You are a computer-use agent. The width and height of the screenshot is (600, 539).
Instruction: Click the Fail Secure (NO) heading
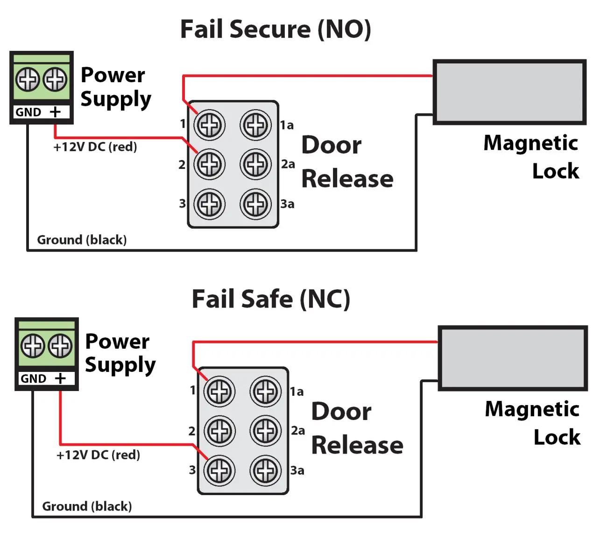tap(275, 29)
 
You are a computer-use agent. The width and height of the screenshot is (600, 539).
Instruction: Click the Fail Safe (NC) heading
tap(271, 299)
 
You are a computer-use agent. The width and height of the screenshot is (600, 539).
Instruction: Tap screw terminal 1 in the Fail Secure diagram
tap(210, 125)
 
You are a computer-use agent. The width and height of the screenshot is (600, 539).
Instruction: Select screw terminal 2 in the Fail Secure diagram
tap(210, 164)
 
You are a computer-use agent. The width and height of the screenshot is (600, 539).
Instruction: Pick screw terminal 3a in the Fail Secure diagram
tap(255, 204)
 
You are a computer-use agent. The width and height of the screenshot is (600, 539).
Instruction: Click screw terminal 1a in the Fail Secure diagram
tap(255, 125)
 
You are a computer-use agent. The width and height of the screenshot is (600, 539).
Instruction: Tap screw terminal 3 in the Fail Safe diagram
tap(219, 470)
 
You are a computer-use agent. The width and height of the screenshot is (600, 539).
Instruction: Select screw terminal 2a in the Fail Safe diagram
tap(266, 431)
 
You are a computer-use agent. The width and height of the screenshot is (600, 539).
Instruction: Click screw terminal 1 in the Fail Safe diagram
tap(219, 392)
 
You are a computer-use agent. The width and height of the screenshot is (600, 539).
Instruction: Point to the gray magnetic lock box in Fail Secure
tap(509, 92)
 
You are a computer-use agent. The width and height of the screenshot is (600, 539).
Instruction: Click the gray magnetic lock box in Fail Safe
tap(513, 358)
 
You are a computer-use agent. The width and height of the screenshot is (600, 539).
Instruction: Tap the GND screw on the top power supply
tap(28, 79)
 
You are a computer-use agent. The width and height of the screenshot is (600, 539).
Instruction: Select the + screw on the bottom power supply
tap(61, 346)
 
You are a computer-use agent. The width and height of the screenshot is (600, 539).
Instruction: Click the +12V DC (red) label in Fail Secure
tap(95, 147)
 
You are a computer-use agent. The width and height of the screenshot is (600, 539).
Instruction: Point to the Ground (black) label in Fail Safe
tap(87, 506)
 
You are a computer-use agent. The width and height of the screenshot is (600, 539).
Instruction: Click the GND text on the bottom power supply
tap(33, 378)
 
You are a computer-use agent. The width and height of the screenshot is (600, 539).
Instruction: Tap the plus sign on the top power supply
tap(55, 112)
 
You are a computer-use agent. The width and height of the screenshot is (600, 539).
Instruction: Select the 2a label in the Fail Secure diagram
tap(288, 164)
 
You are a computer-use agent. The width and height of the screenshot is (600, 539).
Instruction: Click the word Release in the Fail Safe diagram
tap(357, 445)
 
